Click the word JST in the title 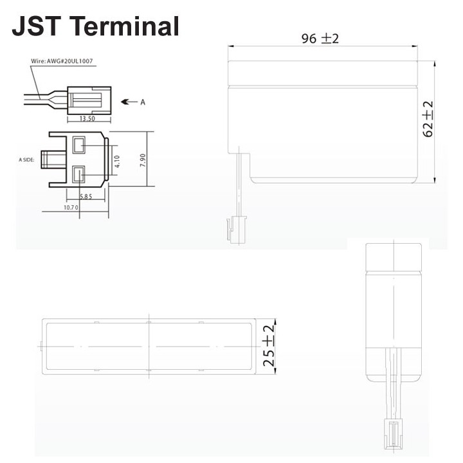36,26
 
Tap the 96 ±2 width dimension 320,39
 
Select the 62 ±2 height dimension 428,119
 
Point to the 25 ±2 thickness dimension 268,346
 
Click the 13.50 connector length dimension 87,119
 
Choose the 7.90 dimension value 143,160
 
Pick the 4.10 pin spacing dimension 117,161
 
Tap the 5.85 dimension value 86,196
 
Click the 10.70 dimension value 71,208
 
